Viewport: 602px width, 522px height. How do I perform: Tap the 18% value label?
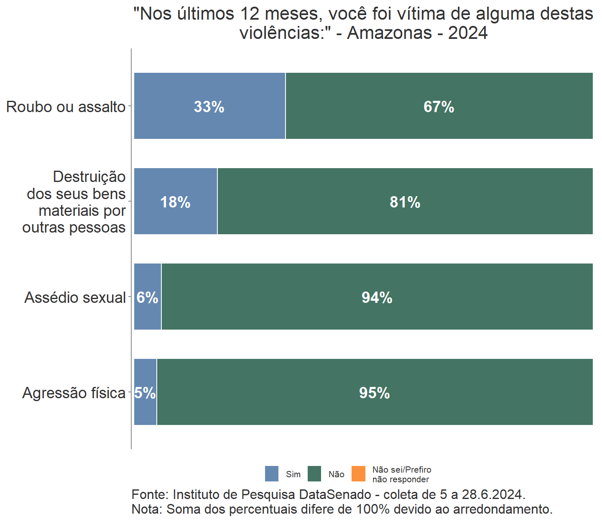click(x=175, y=202)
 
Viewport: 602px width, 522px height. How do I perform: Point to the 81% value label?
click(x=405, y=202)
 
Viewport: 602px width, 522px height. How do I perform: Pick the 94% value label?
click(x=377, y=298)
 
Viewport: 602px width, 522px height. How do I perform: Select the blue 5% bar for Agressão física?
click(x=145, y=410)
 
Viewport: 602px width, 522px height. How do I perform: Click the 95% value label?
click(x=374, y=393)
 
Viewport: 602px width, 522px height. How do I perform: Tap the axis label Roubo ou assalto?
click(x=66, y=107)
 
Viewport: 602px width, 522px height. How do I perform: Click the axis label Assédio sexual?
click(x=75, y=298)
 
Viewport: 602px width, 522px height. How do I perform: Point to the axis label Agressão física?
click(x=74, y=393)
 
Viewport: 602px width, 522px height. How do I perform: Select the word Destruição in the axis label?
click(x=89, y=177)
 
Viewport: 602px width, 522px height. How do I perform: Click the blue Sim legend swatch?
click(x=272, y=474)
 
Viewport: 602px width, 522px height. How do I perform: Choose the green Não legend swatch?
click(x=314, y=474)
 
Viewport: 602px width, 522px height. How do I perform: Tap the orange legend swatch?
click(x=358, y=474)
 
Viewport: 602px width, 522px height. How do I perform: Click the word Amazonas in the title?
click(x=389, y=33)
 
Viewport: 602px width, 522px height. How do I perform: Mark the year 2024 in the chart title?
click(x=468, y=33)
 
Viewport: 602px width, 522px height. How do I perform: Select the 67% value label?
click(x=439, y=107)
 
